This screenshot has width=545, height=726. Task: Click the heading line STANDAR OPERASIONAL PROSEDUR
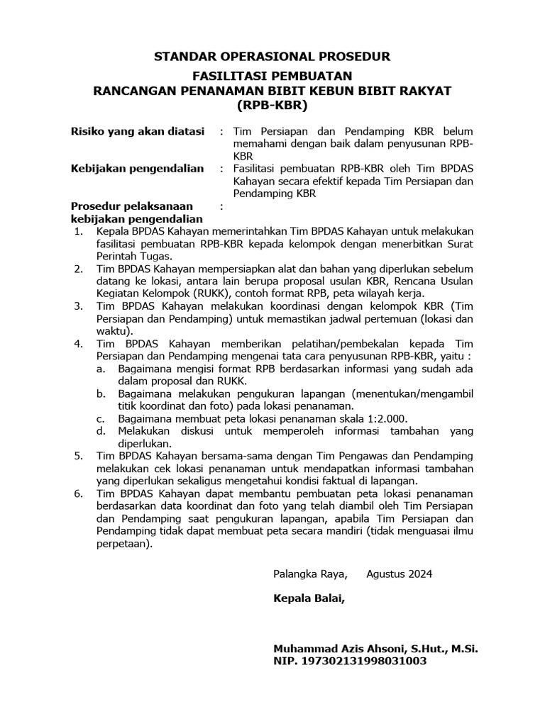(x=272, y=56)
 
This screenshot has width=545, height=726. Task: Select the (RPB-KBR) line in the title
(x=272, y=106)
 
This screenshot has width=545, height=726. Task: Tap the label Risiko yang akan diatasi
(x=137, y=131)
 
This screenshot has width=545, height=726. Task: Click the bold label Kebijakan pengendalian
(x=137, y=169)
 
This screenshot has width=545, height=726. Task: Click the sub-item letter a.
(x=101, y=369)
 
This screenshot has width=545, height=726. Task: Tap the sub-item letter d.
(x=101, y=431)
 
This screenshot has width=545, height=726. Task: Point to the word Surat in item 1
(x=458, y=244)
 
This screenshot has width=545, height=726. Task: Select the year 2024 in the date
(x=418, y=574)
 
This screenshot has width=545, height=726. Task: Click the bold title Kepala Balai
(x=309, y=598)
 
